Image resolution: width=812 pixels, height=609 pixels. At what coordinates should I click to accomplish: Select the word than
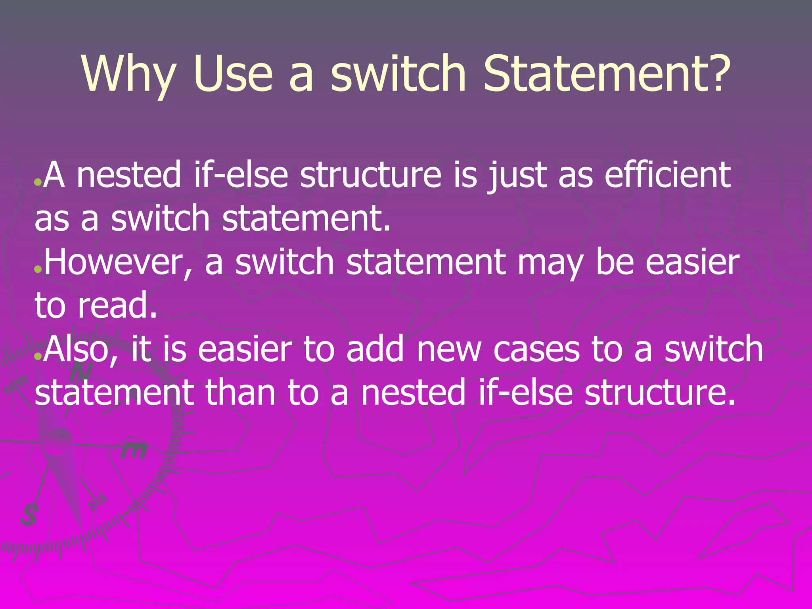pyautogui.click(x=240, y=393)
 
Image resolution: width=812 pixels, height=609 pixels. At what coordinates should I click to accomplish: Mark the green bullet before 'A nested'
pyautogui.click(x=38, y=183)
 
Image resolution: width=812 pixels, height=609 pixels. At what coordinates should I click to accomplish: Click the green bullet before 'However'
pyautogui.click(x=38, y=270)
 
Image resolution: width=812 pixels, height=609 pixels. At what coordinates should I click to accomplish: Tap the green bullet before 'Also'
pyautogui.click(x=38, y=356)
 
